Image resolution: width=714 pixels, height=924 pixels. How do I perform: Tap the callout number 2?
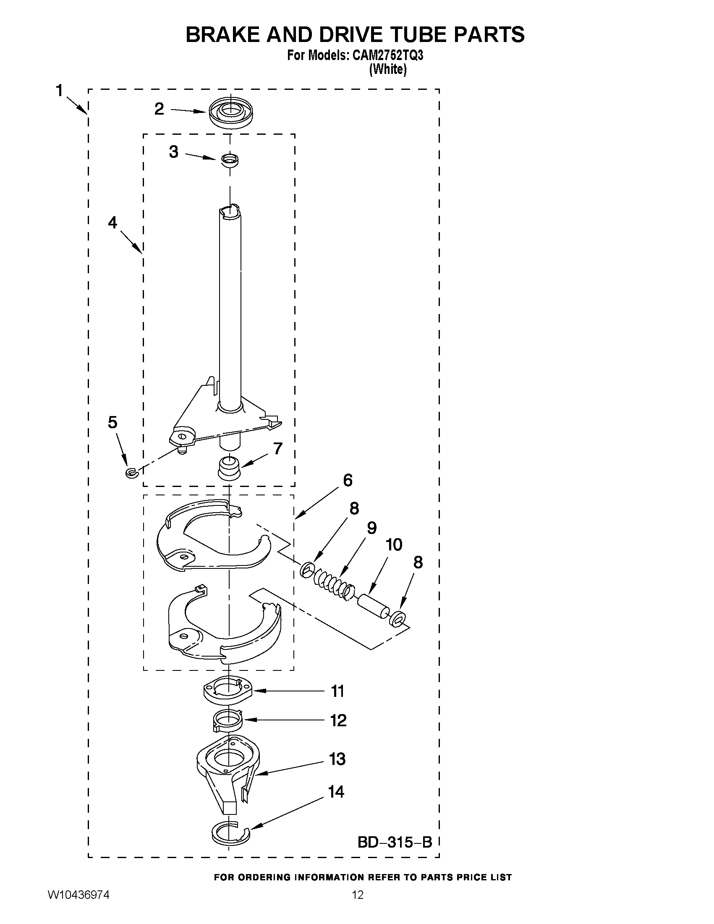pos(159,109)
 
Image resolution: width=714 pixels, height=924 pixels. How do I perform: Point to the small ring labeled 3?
pos(230,160)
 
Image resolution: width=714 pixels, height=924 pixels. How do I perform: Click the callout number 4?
pos(112,222)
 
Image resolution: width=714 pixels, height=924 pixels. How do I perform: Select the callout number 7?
pos(277,448)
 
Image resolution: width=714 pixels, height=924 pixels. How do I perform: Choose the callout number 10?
pos(394,545)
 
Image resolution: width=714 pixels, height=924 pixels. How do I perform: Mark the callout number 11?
pos(337,691)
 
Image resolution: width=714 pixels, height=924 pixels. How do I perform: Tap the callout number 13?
pos(337,759)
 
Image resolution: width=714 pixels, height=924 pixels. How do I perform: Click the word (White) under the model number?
pos(388,69)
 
